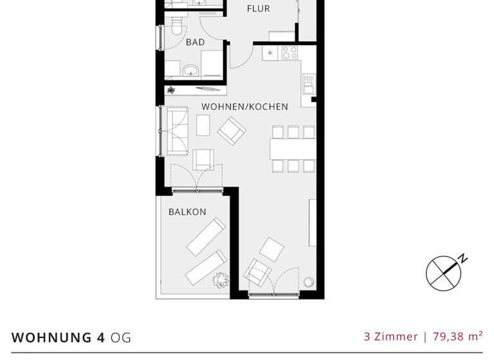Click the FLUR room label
pyautogui.click(x=258, y=9)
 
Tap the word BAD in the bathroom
pyautogui.click(x=195, y=42)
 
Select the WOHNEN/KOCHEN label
pyautogui.click(x=244, y=107)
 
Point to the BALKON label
pyautogui.click(x=187, y=212)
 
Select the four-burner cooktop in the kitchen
pyautogui.click(x=289, y=53)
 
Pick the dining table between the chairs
pyautogui.click(x=293, y=149)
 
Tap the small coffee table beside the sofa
pyautogui.click(x=203, y=125)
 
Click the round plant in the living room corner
pyautogui.click(x=309, y=282)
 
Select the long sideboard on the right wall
pyautogui.click(x=313, y=222)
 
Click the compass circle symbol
pyautogui.click(x=443, y=273)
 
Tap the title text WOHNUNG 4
pyautogui.click(x=59, y=337)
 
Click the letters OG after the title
pyautogui.click(x=121, y=337)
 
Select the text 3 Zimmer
pyautogui.click(x=390, y=336)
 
